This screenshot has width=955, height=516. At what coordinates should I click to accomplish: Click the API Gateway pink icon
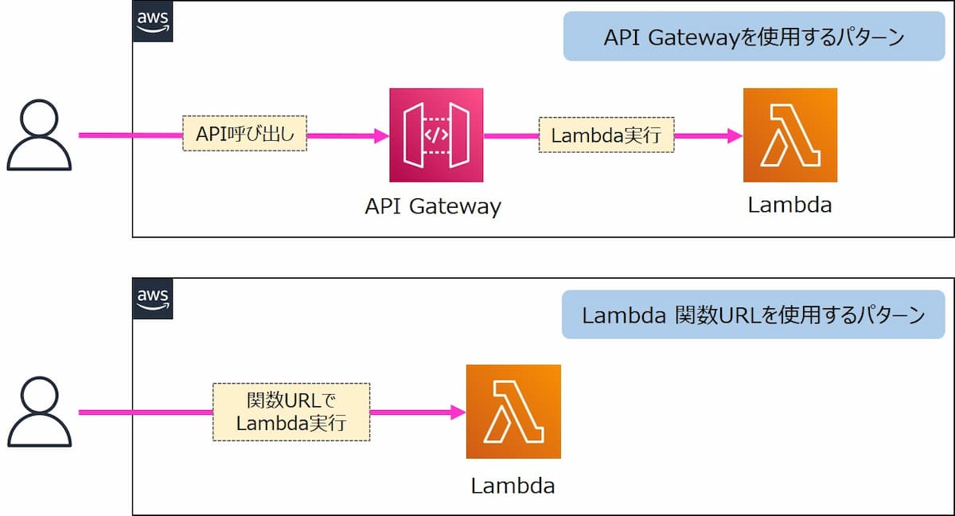[x=436, y=135]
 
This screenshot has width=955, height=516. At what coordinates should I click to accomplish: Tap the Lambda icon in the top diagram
[x=789, y=135]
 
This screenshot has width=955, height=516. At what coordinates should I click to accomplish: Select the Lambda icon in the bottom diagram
[x=513, y=412]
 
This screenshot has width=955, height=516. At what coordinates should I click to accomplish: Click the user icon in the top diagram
[x=40, y=135]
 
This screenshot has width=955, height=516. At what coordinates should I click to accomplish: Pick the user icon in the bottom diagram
[x=40, y=412]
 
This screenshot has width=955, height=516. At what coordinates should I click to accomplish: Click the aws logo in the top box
[x=152, y=22]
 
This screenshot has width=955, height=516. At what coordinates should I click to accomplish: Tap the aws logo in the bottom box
[x=152, y=299]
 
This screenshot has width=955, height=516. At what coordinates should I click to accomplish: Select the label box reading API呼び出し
[x=244, y=135]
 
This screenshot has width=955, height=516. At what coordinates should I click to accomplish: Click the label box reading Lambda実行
[x=606, y=135]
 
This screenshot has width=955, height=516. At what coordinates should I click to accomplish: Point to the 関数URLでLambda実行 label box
[x=291, y=412]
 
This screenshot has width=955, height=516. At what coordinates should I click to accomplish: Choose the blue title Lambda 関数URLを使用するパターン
[x=754, y=315]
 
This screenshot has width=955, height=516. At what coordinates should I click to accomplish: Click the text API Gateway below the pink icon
[x=433, y=207]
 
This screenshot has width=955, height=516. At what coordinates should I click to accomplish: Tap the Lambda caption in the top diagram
[x=789, y=205]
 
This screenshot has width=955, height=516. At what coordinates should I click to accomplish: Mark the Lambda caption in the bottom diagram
[x=513, y=485]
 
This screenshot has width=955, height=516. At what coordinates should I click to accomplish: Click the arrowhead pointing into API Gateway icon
[x=380, y=135]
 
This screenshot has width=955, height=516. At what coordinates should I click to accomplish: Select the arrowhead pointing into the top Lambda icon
[x=735, y=135]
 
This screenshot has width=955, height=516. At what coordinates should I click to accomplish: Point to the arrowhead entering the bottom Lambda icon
[x=458, y=412]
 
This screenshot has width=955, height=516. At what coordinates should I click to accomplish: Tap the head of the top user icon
[x=40, y=118]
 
